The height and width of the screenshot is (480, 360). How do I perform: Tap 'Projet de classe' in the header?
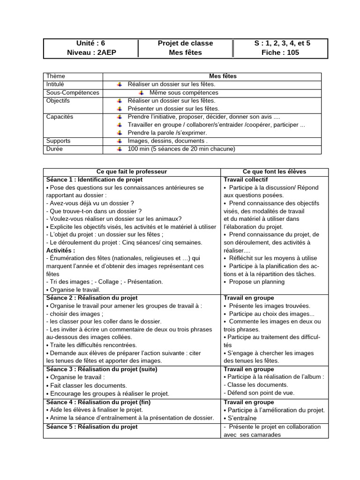[185, 43]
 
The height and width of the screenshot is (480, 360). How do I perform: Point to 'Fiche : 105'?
[280, 52]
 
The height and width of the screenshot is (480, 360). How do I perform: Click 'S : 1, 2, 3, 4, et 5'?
[282, 43]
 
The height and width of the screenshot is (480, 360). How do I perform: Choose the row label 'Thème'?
[56, 76]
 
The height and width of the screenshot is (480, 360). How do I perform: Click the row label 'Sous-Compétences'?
[73, 92]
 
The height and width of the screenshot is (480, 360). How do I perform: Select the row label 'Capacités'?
[60, 117]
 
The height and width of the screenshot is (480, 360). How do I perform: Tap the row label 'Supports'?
[59, 141]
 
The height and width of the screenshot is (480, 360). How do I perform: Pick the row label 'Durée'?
[54, 149]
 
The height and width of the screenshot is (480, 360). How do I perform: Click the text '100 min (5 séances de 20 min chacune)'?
[181, 149]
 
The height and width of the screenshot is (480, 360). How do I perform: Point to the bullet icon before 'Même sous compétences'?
[141, 93]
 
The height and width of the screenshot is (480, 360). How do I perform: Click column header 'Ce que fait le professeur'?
[132, 172]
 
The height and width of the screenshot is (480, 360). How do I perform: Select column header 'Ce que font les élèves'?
[274, 172]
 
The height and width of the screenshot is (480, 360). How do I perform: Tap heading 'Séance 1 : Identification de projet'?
[94, 180]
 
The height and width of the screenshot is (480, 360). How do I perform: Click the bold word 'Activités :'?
[60, 250]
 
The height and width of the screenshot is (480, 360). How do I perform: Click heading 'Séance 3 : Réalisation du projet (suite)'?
[102, 369]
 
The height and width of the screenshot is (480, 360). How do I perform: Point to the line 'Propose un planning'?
[256, 282]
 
